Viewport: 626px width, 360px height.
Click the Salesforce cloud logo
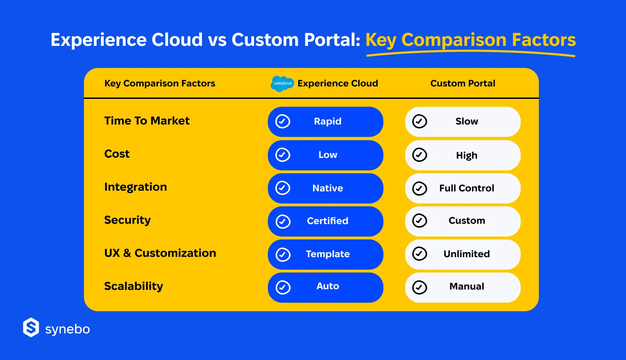pos(282,84)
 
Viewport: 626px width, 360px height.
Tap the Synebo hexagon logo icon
pos(31,327)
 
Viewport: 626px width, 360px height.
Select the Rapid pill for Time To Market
pos(325,122)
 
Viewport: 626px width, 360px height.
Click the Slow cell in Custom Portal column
pos(463,122)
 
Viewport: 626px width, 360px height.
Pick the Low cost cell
pos(325,155)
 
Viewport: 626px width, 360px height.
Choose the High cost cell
pos(463,155)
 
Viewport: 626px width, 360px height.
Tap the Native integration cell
pos(325,188)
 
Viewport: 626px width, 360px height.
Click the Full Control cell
pos(463,188)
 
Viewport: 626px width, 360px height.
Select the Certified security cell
pos(325,221)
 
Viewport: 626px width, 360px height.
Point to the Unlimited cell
pos(463,254)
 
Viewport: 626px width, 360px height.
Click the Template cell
pos(325,254)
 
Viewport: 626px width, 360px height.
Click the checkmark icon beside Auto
pos(283,287)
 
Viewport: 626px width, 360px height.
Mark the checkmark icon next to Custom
pos(420,221)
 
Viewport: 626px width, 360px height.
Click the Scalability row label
pos(134,286)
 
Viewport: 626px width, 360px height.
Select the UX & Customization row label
pos(160,253)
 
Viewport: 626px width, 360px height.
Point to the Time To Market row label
pos(147,121)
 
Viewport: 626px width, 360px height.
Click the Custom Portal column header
pos(463,83)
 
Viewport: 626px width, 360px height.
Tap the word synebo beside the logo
pos(68,329)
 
